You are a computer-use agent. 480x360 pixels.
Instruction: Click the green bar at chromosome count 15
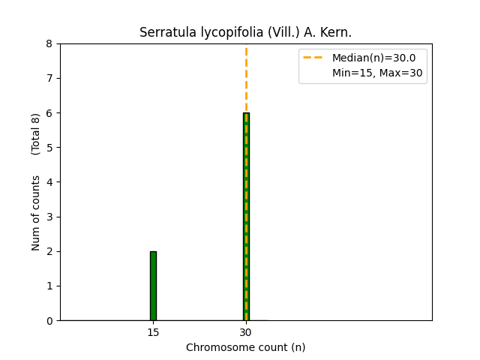[x=153, y=286]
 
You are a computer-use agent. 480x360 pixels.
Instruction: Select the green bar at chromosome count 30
[x=246, y=217]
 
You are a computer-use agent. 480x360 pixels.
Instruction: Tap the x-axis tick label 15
[x=153, y=332]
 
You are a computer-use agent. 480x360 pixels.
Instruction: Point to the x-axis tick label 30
[x=246, y=332]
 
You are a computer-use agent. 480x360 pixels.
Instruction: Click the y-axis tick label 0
[x=49, y=321]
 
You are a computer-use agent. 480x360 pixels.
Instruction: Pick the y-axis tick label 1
[x=49, y=286]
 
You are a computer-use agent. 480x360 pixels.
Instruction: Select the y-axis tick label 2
[x=49, y=252]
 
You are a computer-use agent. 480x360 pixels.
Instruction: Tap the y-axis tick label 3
[x=49, y=217]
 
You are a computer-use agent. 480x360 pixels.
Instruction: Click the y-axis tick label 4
[x=49, y=182]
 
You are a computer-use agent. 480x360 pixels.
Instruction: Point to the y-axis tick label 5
[x=49, y=148]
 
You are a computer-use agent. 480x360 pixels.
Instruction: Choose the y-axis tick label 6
[x=49, y=113]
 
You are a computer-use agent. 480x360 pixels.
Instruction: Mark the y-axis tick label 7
[x=49, y=79]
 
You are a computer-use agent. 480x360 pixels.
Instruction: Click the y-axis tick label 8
[x=49, y=44]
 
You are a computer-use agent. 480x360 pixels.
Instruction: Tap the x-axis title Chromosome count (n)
[x=246, y=347]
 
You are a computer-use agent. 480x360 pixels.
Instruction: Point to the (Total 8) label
[x=36, y=134]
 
